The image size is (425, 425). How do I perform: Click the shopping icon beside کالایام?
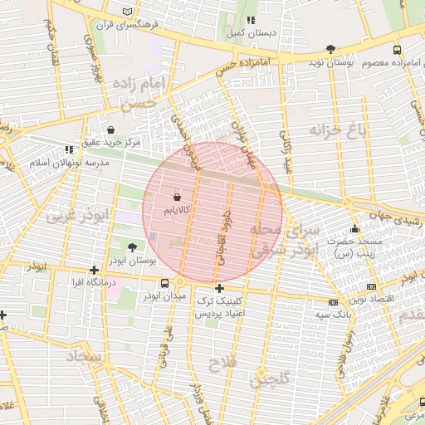(x=177, y=198)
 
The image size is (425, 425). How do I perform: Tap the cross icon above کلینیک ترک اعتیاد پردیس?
(x=219, y=289)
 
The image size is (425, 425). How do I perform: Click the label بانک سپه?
(x=330, y=316)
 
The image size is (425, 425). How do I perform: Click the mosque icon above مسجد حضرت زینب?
(x=355, y=229)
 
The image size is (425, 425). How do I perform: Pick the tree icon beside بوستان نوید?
(x=331, y=49)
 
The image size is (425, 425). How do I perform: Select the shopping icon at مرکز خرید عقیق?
(x=111, y=129)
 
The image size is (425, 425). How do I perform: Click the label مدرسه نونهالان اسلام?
(x=70, y=163)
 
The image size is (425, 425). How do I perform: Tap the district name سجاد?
(x=84, y=358)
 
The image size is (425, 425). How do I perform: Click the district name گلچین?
(x=271, y=379)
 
